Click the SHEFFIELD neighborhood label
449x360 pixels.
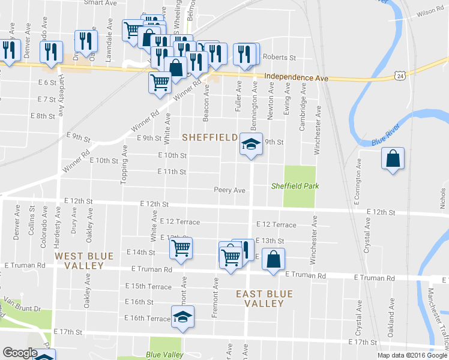coord(209,137)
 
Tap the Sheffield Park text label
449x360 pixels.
coord(295,186)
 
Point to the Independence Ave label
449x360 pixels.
coord(296,78)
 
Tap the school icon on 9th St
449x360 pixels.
coord(251,145)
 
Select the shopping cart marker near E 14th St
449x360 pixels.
coord(181,248)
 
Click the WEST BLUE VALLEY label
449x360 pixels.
coord(84,260)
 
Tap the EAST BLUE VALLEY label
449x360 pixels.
coord(264,299)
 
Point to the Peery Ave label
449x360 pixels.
coord(230,190)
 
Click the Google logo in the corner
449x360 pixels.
coord(20,353)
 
